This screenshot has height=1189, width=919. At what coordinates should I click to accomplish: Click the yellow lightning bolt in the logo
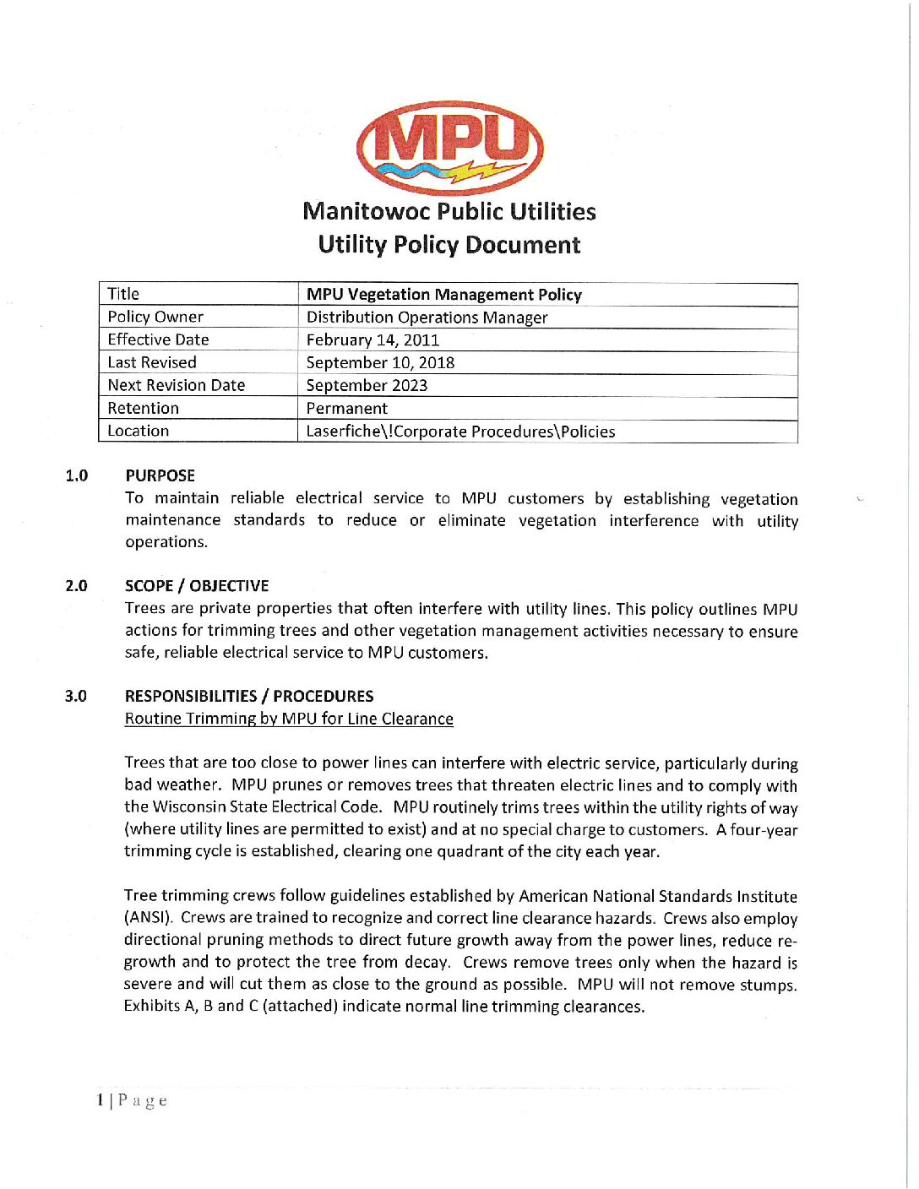pyautogui.click(x=479, y=172)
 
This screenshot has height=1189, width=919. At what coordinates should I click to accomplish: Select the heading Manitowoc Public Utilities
pyautogui.click(x=449, y=211)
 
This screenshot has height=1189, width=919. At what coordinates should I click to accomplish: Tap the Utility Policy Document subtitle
pyautogui.click(x=449, y=245)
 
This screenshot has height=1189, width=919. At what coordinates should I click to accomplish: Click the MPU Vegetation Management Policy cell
pyautogui.click(x=444, y=295)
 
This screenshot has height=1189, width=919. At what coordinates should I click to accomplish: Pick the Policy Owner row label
pyautogui.click(x=155, y=317)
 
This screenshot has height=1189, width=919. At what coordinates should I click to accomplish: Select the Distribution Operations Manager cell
pyautogui.click(x=427, y=318)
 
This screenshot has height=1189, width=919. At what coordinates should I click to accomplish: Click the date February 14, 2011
pyautogui.click(x=372, y=340)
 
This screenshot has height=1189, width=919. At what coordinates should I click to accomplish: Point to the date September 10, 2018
pyautogui.click(x=380, y=363)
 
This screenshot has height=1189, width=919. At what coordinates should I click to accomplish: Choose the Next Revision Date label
pyautogui.click(x=176, y=385)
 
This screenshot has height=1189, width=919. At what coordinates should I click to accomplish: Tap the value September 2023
pyautogui.click(x=367, y=386)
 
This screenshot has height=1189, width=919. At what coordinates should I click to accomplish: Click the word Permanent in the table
pyautogui.click(x=346, y=409)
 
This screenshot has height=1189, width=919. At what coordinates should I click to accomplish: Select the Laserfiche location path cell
pyautogui.click(x=460, y=432)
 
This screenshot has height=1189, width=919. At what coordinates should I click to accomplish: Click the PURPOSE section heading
pyautogui.click(x=160, y=475)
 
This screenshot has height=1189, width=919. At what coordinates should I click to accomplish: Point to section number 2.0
pyautogui.click(x=76, y=586)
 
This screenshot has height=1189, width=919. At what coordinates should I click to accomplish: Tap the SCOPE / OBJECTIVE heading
pyautogui.click(x=197, y=586)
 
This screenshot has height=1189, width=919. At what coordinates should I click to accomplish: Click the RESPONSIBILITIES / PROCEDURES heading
pyautogui.click(x=249, y=697)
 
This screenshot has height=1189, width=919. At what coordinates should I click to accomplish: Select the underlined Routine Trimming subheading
pyautogui.click(x=289, y=719)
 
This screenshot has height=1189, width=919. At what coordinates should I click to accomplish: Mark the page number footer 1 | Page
pyautogui.click(x=132, y=1100)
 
